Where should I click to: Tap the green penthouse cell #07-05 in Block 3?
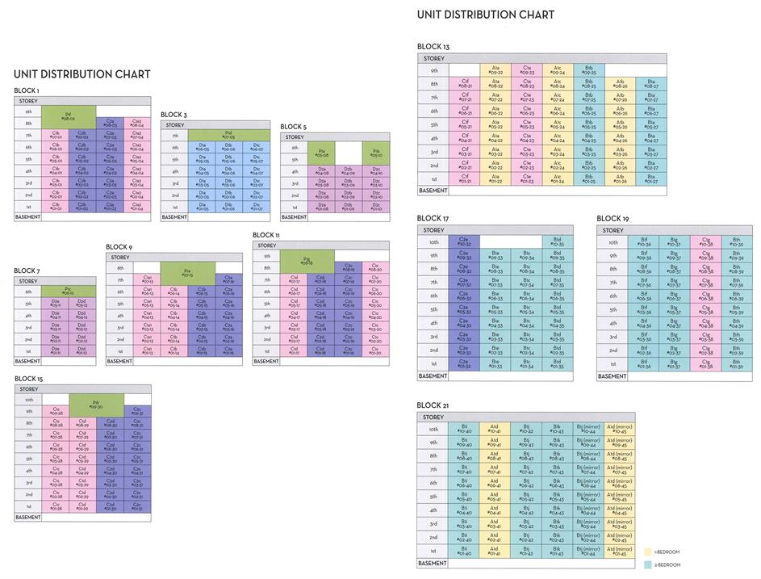(228, 136)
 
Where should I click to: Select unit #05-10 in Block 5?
(375, 153)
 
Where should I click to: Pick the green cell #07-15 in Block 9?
(187, 273)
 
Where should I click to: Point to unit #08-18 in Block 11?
(307, 260)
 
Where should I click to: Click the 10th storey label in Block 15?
(28, 399)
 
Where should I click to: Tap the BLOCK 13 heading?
(433, 47)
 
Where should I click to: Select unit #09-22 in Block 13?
(495, 70)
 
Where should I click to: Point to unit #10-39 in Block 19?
(735, 241)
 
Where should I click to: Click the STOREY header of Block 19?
(614, 230)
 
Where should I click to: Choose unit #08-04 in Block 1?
(136, 124)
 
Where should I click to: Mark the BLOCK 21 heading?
(433, 405)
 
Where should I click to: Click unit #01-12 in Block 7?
(82, 351)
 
